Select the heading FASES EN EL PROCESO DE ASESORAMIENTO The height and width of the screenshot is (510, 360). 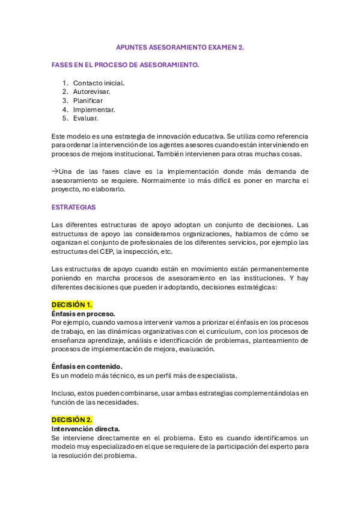pyautogui.click(x=125, y=64)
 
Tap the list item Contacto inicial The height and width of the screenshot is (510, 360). pyautogui.click(x=99, y=83)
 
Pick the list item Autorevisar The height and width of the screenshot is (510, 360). pyautogui.click(x=91, y=91)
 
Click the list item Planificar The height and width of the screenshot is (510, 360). pyautogui.click(x=88, y=100)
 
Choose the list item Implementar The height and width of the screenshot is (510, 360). pyautogui.click(x=94, y=109)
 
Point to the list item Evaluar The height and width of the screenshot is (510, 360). pyautogui.click(x=85, y=118)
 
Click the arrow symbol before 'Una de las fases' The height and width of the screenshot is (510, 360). pyautogui.click(x=55, y=171)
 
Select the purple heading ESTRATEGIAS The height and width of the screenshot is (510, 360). pyautogui.click(x=73, y=207)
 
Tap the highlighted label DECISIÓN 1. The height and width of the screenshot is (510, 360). pyautogui.click(x=72, y=305)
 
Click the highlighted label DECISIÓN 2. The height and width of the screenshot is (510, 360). pyautogui.click(x=72, y=420)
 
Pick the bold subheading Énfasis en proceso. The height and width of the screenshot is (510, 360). pyautogui.click(x=83, y=314)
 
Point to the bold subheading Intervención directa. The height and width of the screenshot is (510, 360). pyautogui.click(x=85, y=429)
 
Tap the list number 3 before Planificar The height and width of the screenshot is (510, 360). pyautogui.click(x=64, y=100)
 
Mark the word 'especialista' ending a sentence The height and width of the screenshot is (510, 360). pyautogui.click(x=216, y=376)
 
